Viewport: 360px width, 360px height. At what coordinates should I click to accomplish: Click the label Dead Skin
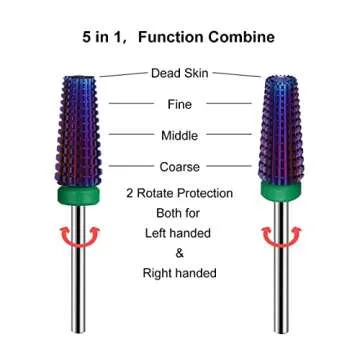[x=180, y=73]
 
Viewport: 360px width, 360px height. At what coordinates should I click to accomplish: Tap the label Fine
[x=180, y=103]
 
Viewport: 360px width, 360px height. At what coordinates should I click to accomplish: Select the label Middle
[x=180, y=135]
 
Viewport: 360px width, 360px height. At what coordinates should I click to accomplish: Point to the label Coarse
[x=180, y=167]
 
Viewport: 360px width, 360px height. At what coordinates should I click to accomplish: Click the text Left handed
[x=180, y=232]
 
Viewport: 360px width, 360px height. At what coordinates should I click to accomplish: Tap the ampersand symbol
[x=180, y=252]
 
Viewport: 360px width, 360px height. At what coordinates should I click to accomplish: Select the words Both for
[x=180, y=212]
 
